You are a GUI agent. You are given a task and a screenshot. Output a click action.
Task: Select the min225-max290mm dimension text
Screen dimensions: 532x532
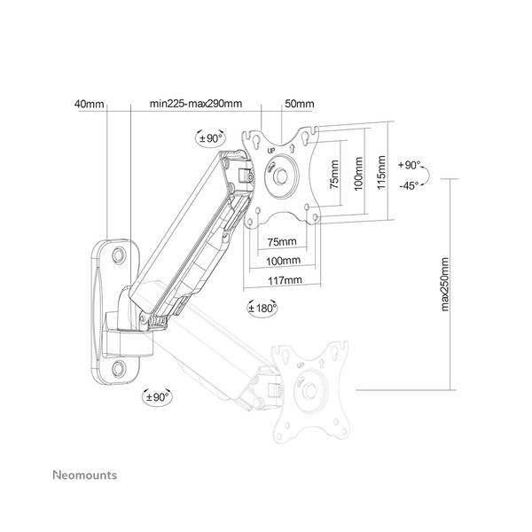click(x=196, y=105)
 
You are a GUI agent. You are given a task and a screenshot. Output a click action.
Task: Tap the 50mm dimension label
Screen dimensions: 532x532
click(x=293, y=105)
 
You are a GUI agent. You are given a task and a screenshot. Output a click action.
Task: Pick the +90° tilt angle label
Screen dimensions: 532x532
click(x=410, y=166)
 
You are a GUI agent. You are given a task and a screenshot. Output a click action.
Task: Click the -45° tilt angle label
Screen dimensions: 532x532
click(x=409, y=185)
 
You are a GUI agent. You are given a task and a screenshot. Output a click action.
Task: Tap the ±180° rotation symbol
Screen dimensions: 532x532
click(x=260, y=309)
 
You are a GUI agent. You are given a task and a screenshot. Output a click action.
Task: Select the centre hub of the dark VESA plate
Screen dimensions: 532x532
click(x=278, y=175)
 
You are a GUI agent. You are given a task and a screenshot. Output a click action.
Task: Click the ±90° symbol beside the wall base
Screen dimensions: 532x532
click(x=157, y=398)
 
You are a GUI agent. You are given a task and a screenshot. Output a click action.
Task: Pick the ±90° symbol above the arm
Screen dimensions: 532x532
click(x=209, y=137)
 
